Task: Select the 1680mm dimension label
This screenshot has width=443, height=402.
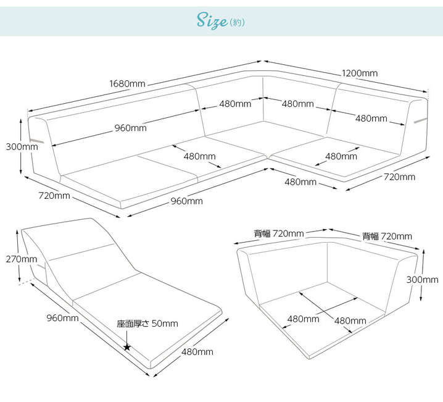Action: (x=127, y=83)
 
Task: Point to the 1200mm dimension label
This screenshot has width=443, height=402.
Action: (x=360, y=73)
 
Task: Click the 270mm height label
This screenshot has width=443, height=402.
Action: (x=21, y=259)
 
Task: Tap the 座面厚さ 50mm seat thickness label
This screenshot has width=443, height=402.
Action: (x=147, y=324)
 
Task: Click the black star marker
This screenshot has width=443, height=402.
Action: (x=126, y=347)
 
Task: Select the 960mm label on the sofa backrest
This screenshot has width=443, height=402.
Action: (x=130, y=128)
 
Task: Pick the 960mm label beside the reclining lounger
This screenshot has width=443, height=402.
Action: (x=62, y=318)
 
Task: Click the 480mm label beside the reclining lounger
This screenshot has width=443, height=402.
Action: (x=197, y=352)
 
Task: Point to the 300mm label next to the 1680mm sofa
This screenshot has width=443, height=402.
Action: (x=22, y=147)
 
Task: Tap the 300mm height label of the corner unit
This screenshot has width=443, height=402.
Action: (x=422, y=279)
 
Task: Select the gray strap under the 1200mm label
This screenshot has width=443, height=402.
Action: (x=420, y=118)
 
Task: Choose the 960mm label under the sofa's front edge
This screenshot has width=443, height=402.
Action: (x=186, y=201)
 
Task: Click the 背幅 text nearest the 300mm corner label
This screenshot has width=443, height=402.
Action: (x=370, y=236)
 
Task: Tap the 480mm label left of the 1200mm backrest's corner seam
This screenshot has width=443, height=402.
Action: (x=235, y=104)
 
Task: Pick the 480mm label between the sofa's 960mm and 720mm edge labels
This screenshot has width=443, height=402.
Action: (x=300, y=182)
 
